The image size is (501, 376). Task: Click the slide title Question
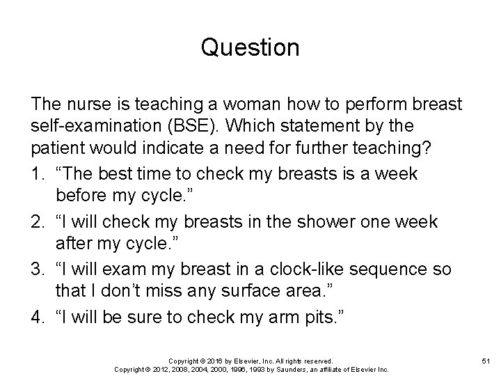point(250,48)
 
